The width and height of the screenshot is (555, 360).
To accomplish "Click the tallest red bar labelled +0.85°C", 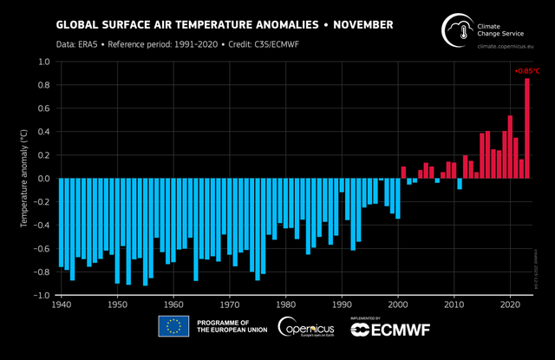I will point(527,128).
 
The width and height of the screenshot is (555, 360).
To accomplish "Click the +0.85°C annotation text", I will point(526,70).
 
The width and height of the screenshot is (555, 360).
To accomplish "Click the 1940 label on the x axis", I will point(61,305).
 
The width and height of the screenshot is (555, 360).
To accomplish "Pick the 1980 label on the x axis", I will point(286,305).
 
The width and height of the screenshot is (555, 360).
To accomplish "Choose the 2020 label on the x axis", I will point(511,305).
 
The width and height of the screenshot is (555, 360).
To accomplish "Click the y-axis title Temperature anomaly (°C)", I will point(24,179).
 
